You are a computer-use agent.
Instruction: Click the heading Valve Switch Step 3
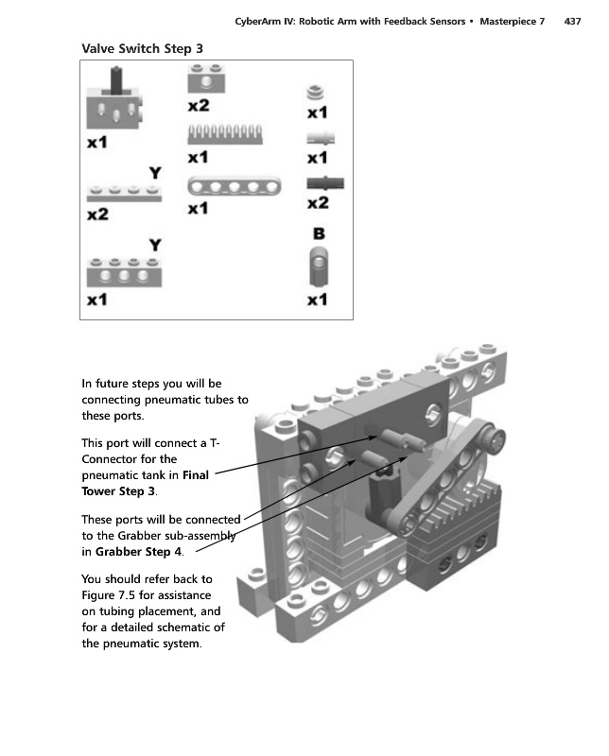tap(141, 47)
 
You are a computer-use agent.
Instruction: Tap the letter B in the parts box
tap(320, 232)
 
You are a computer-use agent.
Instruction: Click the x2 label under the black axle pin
tap(318, 202)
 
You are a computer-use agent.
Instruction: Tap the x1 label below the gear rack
tap(198, 157)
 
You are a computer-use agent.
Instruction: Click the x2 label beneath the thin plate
tap(97, 215)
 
